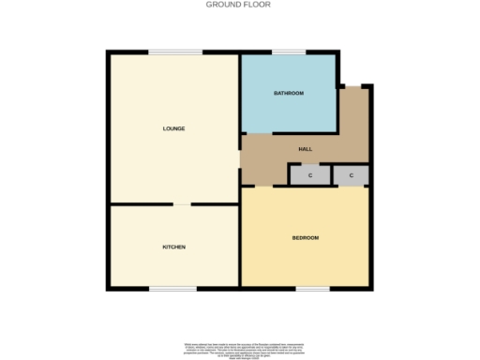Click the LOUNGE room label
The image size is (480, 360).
click(x=173, y=128)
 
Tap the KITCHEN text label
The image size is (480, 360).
click(x=174, y=247)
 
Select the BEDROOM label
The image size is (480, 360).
click(x=306, y=238)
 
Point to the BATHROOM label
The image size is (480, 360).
click(x=289, y=94)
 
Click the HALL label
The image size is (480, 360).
click(x=306, y=149)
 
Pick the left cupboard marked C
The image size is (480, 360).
click(x=309, y=175)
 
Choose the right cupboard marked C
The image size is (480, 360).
click(x=351, y=175)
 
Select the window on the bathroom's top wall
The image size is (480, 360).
click(x=289, y=52)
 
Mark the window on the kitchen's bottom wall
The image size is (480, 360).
click(x=173, y=289)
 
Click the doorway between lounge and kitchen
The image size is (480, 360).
click(x=182, y=203)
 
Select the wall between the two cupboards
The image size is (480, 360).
click(x=331, y=175)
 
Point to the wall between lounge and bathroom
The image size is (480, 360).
click(x=241, y=94)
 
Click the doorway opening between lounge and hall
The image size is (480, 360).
click(x=241, y=159)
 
